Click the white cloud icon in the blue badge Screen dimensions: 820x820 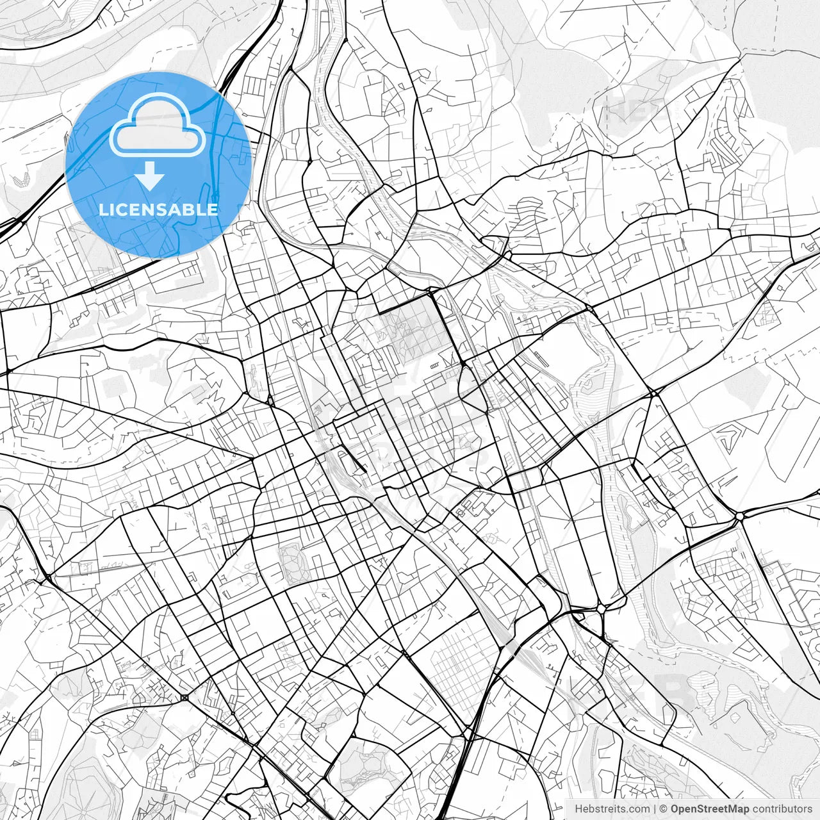[x=157, y=126]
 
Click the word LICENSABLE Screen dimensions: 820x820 [x=158, y=209]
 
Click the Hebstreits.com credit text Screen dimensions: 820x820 [x=612, y=809]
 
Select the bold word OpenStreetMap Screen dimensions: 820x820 [x=710, y=809]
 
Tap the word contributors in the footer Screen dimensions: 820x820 [x=782, y=809]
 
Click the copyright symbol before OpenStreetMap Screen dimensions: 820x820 [x=664, y=809]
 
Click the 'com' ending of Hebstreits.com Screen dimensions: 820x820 [x=639, y=809]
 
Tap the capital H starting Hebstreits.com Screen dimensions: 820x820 [x=578, y=809]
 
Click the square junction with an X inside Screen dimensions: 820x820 [x=184, y=697]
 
